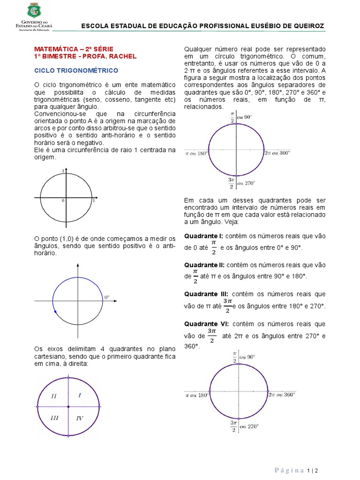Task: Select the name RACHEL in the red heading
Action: click(124, 56)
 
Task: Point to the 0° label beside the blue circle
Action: click(106, 297)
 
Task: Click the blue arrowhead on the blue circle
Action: click(55, 311)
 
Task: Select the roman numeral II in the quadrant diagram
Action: click(54, 396)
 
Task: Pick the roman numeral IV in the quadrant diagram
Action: click(80, 418)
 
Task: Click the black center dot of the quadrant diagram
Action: click(68, 407)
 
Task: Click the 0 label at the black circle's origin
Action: click(63, 201)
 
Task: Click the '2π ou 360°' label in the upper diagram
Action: click(278, 153)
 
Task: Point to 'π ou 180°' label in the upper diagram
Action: click(197, 153)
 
